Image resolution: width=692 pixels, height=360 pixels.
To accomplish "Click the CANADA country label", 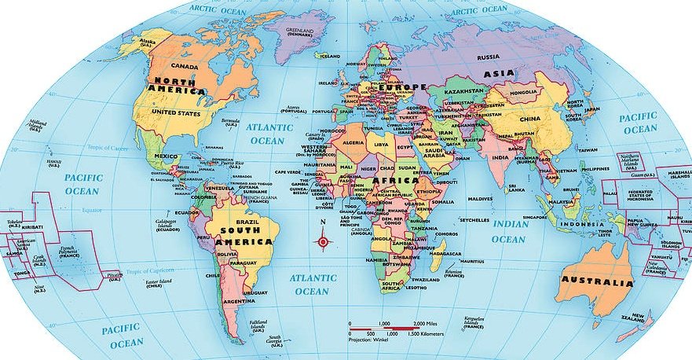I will pos(184,66).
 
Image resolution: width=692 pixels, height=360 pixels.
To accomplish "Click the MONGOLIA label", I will pos(524,92).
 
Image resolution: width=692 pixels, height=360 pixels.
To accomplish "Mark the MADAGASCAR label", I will pos(446,254).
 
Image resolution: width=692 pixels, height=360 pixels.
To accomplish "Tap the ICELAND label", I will pos(331,57).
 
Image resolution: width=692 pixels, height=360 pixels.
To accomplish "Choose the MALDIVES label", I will pos(480,199).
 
